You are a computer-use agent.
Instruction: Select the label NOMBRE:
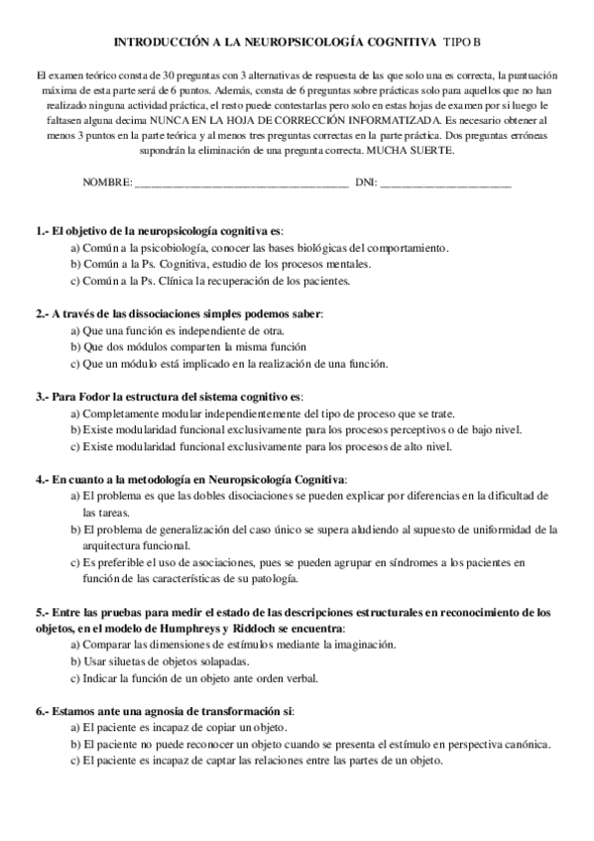(x=107, y=183)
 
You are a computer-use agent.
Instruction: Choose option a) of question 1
(x=75, y=247)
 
